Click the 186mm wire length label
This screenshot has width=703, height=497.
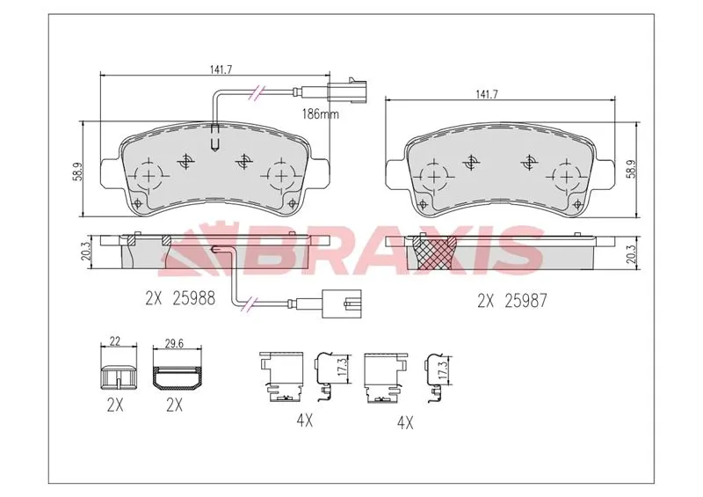[320, 114]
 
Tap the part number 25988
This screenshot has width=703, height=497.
[193, 298]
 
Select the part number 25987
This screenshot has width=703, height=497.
[525, 301]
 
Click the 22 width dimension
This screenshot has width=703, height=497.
[115, 341]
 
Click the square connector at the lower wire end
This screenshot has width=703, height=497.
[343, 304]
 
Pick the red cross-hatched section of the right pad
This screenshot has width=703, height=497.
[434, 253]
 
